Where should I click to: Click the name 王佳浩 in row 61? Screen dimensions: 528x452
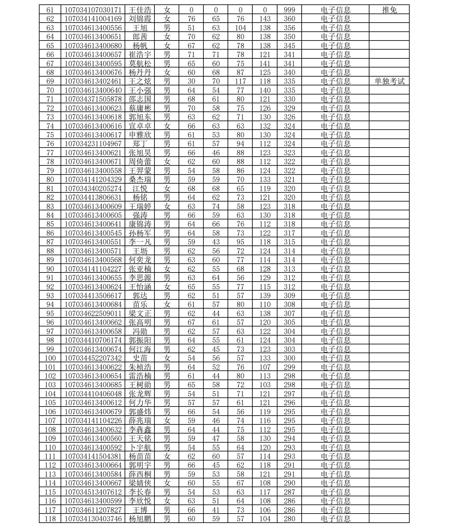point(140,10)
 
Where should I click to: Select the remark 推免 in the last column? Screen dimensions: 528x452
point(389,10)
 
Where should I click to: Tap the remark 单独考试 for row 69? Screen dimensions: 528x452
point(389,82)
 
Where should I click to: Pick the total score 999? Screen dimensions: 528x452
point(289,10)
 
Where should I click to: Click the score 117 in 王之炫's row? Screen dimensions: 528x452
point(240,82)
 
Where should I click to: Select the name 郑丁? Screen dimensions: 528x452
point(140,144)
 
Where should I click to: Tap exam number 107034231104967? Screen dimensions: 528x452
point(93,144)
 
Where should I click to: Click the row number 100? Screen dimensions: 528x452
point(50,358)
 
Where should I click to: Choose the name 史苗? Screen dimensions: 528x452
point(140,358)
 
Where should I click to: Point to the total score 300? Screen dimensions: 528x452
point(289,358)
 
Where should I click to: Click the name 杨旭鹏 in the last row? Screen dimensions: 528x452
point(140,519)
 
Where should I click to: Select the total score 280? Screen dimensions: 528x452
point(289,519)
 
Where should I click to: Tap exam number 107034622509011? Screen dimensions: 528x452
point(93,314)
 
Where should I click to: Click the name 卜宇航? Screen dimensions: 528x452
point(140,448)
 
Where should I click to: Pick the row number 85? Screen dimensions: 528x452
point(50,224)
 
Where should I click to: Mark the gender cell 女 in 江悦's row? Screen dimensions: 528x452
point(167,189)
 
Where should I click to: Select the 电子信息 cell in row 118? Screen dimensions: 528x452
point(336,519)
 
